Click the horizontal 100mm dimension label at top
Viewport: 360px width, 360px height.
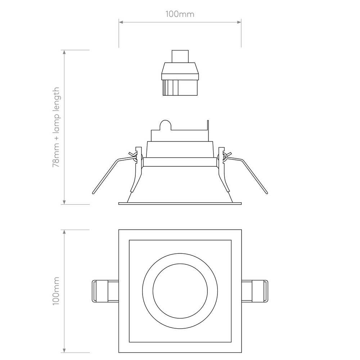(x=180, y=14)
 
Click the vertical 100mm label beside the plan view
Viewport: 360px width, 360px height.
(x=56, y=291)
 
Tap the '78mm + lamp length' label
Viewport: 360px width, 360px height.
(x=56, y=127)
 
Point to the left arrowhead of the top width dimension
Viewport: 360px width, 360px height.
(x=121, y=22)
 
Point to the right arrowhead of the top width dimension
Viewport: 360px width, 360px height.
(x=239, y=22)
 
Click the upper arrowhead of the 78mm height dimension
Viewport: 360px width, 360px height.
(x=64, y=52)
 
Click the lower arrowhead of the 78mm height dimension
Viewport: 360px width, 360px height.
(x=64, y=202)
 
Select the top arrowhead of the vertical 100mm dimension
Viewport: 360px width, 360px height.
(x=64, y=232)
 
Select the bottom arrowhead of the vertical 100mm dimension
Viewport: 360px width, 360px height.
(x=64, y=350)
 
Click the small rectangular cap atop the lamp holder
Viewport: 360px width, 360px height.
(x=180, y=57)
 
